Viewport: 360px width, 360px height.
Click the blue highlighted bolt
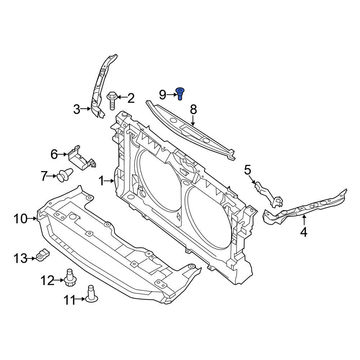(x=179, y=93)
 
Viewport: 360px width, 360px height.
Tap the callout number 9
(x=163, y=95)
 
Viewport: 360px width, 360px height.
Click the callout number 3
(x=77, y=109)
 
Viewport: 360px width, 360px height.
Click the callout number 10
(x=21, y=218)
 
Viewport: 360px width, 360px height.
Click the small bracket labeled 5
(x=268, y=194)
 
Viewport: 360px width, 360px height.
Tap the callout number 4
(x=303, y=232)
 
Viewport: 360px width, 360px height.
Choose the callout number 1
(x=101, y=181)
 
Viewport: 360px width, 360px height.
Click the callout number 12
(x=47, y=280)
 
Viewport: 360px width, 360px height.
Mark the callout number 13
(x=21, y=258)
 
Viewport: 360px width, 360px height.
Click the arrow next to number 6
(x=63, y=154)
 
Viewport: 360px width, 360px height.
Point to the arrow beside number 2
(x=121, y=97)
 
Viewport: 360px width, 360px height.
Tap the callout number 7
(x=44, y=176)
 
